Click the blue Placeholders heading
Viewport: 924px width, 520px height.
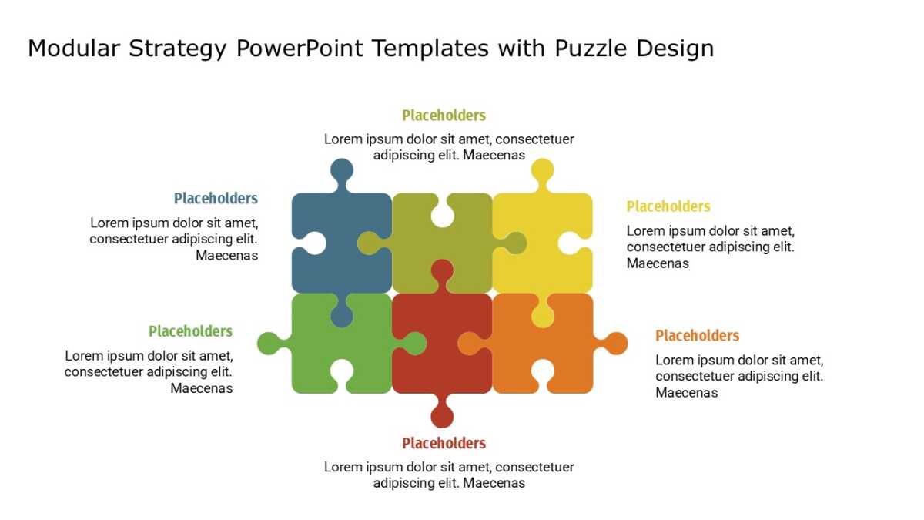(216, 199)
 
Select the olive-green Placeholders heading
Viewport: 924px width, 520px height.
(444, 116)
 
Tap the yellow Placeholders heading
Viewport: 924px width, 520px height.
(668, 206)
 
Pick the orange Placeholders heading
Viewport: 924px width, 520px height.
(697, 336)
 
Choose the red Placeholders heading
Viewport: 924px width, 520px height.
(444, 443)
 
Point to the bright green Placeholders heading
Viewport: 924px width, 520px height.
(191, 331)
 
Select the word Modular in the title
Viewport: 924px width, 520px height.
(73, 49)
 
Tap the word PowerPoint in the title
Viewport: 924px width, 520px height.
(300, 49)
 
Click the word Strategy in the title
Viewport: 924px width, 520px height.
(177, 49)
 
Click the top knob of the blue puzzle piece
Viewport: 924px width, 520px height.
(342, 170)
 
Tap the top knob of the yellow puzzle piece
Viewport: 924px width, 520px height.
(542, 170)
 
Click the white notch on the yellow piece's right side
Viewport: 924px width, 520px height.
(573, 243)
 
